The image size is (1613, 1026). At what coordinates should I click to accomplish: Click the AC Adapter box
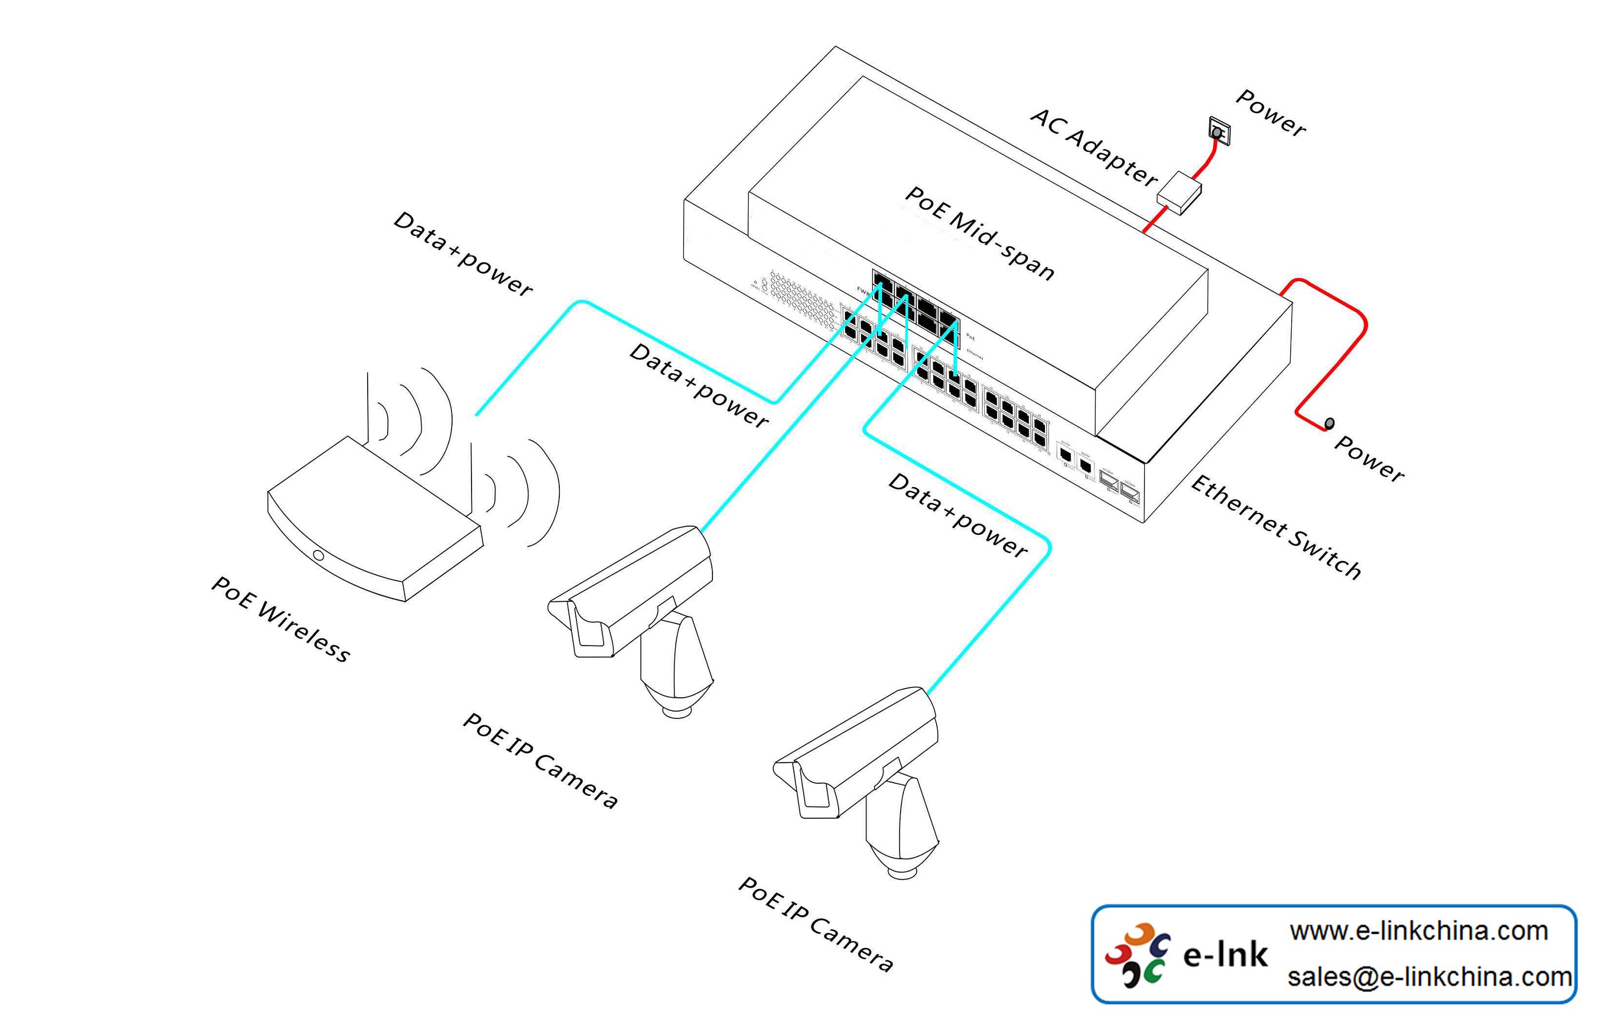pos(1179,193)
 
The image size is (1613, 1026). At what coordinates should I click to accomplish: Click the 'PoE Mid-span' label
pos(979,232)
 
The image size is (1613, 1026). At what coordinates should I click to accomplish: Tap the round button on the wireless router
pos(319,555)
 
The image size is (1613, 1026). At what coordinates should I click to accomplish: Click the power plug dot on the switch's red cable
pos(1330,423)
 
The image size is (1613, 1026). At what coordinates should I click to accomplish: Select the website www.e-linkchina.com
pos(1418,931)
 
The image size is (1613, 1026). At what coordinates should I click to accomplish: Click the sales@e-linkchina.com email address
pos(1429,977)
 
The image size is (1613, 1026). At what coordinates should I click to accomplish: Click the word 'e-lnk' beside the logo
pos(1225,955)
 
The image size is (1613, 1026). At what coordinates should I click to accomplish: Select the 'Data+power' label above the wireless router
pos(463,253)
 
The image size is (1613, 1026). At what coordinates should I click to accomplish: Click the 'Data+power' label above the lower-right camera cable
pos(957,515)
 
